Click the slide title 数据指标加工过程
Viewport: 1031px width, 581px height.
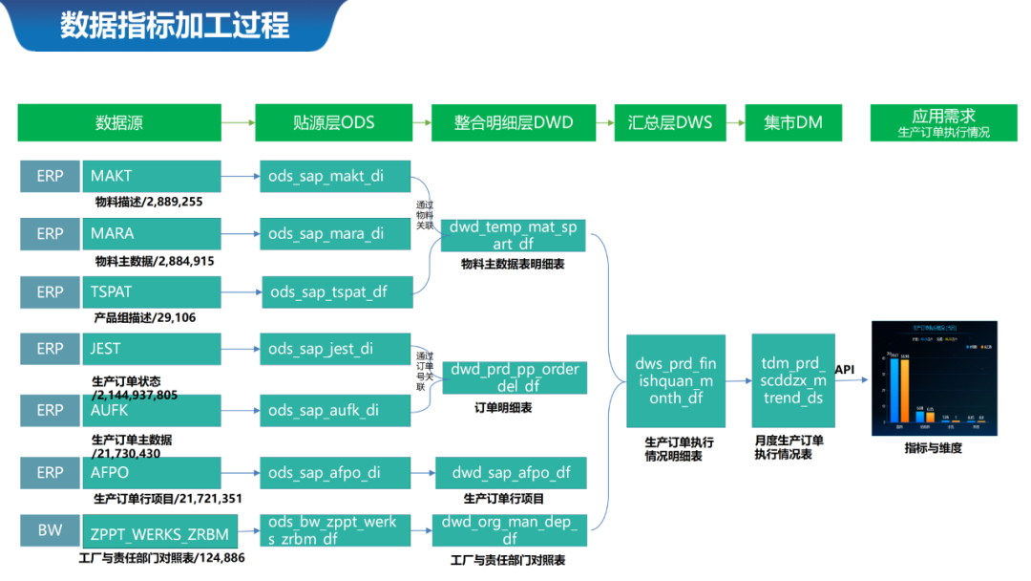[x=175, y=25]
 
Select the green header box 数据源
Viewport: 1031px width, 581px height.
[x=119, y=122]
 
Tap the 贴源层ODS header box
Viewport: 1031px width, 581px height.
[x=333, y=122]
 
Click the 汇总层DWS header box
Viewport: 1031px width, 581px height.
[x=669, y=122]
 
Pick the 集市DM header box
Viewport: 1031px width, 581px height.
[x=793, y=122]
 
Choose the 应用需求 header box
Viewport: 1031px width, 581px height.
[x=943, y=122]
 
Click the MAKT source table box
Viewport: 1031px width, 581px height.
[x=152, y=176]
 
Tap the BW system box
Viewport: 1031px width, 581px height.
[x=50, y=530]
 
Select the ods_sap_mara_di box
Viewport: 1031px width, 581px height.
[x=335, y=233]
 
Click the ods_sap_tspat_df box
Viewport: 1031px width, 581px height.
[x=337, y=291]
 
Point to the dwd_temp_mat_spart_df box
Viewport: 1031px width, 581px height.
[x=513, y=235]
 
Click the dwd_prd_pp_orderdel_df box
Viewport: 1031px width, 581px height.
[x=515, y=377]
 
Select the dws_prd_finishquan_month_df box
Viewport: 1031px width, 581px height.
[x=675, y=380]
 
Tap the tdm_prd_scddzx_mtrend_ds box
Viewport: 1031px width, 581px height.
[x=792, y=380]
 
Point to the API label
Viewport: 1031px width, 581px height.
[x=845, y=369]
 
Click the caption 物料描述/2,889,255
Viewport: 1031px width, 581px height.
[x=148, y=202]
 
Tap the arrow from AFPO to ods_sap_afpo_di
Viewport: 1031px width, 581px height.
[x=241, y=472]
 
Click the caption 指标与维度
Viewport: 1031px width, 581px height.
[x=933, y=447]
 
